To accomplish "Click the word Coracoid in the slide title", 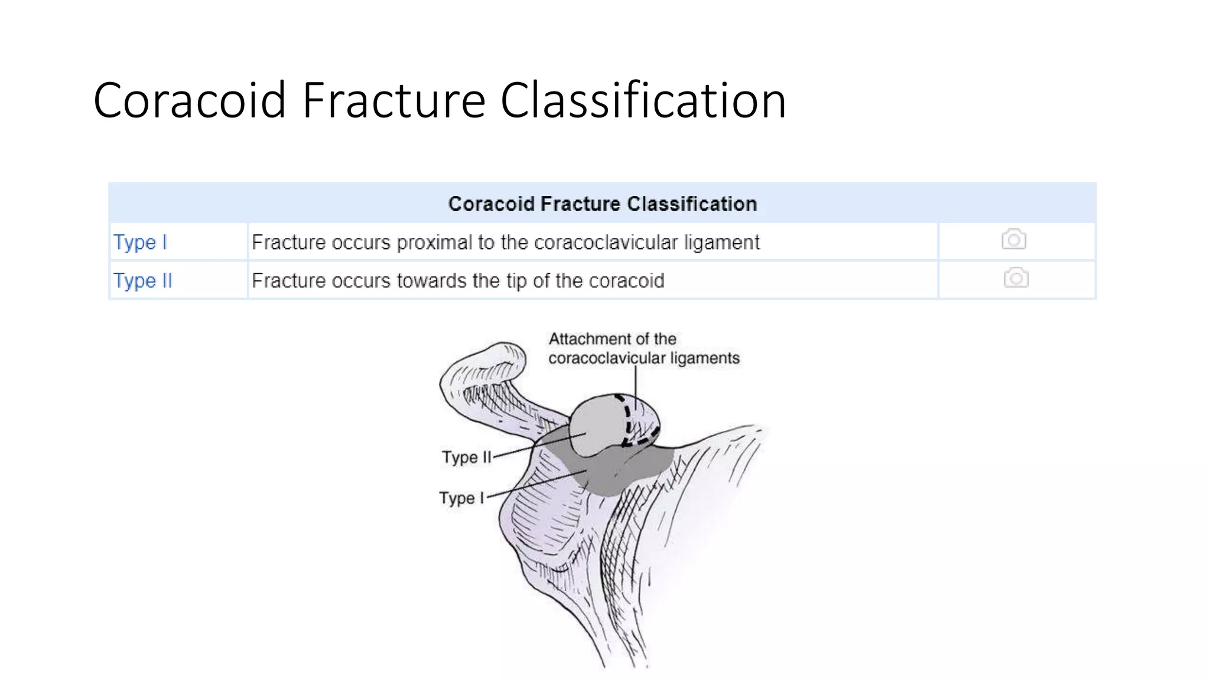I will pos(190,100).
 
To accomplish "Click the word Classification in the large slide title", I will pos(643,100).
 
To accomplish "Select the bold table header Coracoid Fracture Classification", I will pos(602,204).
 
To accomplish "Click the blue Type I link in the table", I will pos(140,242).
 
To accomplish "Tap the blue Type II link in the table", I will pos(142,280).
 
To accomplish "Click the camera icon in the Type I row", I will pos(1014,239).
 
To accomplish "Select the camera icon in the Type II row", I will pos(1016,277).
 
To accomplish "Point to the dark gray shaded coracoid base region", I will pos(614,472).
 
